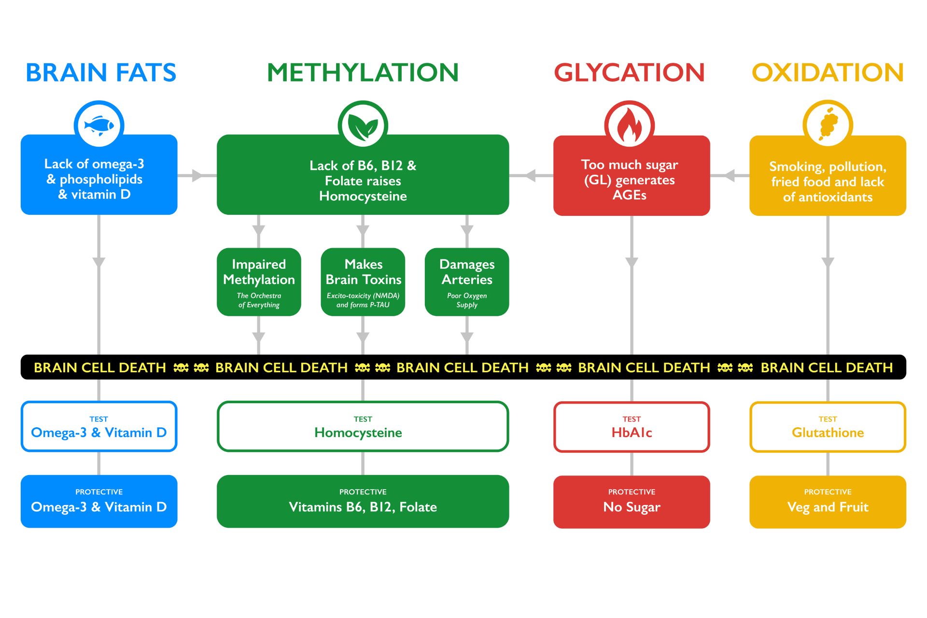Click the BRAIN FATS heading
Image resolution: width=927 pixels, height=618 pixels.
tap(101, 73)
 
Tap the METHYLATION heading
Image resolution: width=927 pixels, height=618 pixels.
tap(363, 73)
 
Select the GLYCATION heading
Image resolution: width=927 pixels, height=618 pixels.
tap(629, 73)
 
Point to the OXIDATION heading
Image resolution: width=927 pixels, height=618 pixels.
tap(828, 73)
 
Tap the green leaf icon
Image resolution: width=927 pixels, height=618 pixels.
tap(363, 126)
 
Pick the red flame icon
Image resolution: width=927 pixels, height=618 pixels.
tap(629, 126)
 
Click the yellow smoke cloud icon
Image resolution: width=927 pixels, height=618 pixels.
tap(828, 125)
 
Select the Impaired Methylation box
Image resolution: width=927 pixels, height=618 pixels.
tap(259, 282)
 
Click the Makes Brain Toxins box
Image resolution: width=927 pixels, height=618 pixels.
tap(363, 282)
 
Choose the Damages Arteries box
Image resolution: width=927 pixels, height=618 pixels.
tap(467, 282)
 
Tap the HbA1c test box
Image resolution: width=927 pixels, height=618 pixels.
tap(632, 427)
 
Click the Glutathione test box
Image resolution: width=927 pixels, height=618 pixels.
tap(828, 427)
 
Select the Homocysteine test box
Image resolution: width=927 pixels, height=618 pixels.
tap(363, 427)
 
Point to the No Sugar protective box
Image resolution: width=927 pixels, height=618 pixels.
tap(632, 502)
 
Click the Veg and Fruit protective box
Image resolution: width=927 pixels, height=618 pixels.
tap(828, 502)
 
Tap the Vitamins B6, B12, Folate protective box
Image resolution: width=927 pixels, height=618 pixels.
tap(363, 502)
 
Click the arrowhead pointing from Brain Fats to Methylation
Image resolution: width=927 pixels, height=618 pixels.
tap(197, 176)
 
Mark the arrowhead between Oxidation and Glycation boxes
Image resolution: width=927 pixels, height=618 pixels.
tap(730, 176)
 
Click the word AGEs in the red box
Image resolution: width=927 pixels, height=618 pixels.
tap(629, 195)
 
